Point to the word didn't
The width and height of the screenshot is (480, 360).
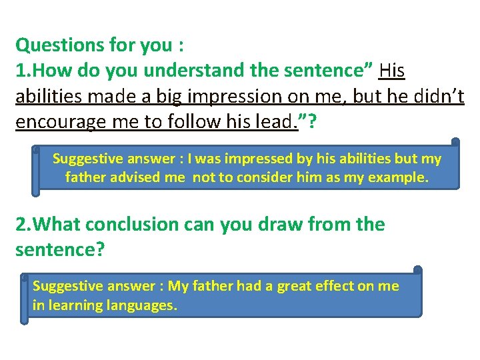(433, 96)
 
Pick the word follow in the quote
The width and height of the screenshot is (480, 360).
(193, 121)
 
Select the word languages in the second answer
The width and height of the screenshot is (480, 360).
(143, 306)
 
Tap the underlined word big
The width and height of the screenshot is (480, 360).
(171, 96)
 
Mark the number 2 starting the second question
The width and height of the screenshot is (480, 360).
(21, 224)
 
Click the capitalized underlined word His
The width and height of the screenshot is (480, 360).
(391, 71)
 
